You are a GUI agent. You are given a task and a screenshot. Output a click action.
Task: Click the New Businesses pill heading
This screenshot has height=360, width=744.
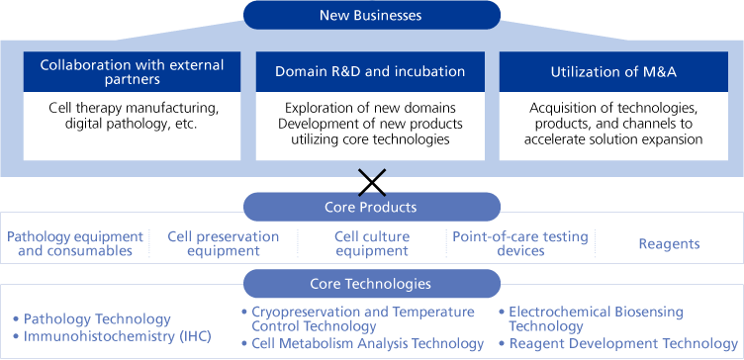pos(371,14)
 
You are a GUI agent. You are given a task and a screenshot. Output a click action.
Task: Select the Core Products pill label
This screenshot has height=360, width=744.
pos(371,207)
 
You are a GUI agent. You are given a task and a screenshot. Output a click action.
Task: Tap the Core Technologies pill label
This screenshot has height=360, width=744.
pos(371,284)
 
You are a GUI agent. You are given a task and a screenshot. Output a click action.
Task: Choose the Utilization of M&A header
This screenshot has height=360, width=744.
pos(604,72)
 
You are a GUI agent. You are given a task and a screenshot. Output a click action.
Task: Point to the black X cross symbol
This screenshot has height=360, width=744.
pos(372,181)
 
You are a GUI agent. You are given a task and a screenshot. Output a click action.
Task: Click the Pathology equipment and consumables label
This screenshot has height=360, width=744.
pos(75,243)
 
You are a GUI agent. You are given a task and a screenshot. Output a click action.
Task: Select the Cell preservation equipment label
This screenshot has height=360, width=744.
pos(223,243)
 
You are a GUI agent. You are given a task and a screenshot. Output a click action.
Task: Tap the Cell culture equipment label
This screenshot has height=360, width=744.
pos(371,243)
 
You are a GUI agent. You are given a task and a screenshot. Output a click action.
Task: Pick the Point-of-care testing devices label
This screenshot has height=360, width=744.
pos(520,243)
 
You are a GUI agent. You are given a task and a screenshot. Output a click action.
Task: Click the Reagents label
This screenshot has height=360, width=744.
pos(668,243)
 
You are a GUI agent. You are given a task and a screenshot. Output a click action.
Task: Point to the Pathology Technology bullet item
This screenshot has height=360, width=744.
pos(97,319)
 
